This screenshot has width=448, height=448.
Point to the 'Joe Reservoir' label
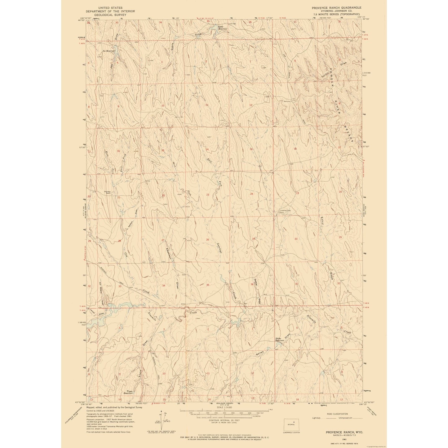[x=109, y=51]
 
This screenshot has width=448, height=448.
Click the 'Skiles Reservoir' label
[x=280, y=339]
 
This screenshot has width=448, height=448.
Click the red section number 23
[x=208, y=195]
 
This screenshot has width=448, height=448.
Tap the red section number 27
[x=163, y=240]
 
